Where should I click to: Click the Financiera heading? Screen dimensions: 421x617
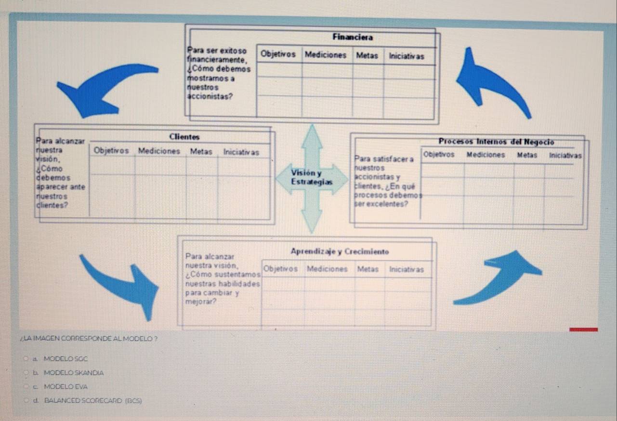pos(353,38)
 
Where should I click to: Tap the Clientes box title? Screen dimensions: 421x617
pos(184,137)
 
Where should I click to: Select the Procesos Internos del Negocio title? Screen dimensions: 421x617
pos(496,142)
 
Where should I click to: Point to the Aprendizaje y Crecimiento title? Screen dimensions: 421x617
pos(340,252)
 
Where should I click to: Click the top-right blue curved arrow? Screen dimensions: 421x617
pos(491,82)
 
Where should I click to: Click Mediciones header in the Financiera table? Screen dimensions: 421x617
pos(325,55)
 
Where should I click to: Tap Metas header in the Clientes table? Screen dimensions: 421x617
pos(201,151)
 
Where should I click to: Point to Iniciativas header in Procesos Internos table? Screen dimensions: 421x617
pos(565,155)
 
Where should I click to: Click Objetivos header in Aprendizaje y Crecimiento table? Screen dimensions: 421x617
pos(280,269)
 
